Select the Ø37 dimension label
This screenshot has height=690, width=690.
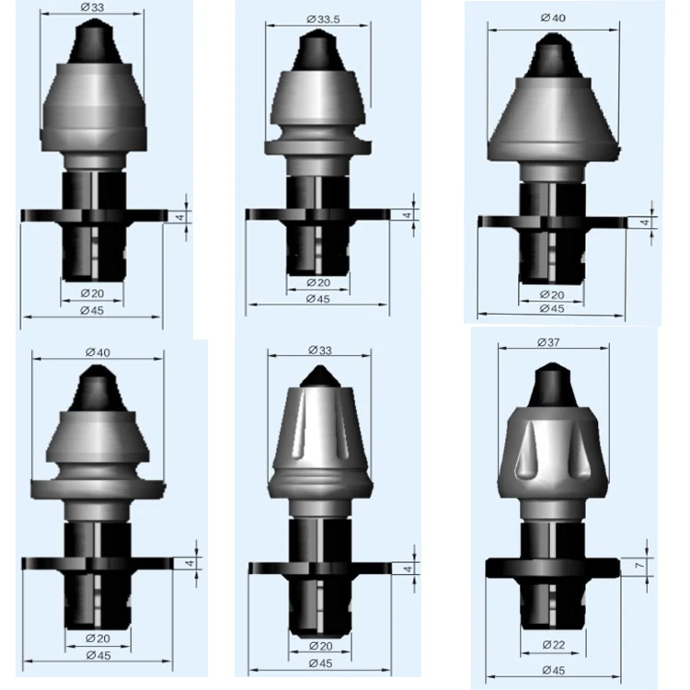(x=552, y=342)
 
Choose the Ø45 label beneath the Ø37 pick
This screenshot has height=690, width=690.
(x=552, y=671)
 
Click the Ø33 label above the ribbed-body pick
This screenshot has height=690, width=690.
(x=315, y=351)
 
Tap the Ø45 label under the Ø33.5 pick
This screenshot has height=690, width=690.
(x=316, y=299)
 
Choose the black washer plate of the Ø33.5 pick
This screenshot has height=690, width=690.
(x=267, y=214)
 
